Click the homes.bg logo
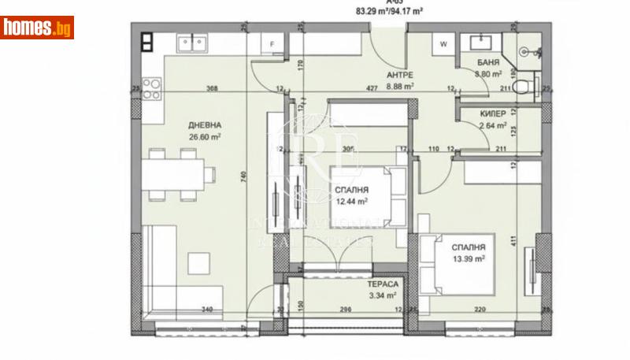tap(37, 28)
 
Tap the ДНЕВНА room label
tap(204, 124)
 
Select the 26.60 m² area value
tap(204, 136)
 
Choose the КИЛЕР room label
tap(493, 113)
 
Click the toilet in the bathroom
tap(523, 89)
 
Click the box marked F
tap(272, 44)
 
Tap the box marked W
tap(443, 44)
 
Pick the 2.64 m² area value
tap(493, 124)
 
